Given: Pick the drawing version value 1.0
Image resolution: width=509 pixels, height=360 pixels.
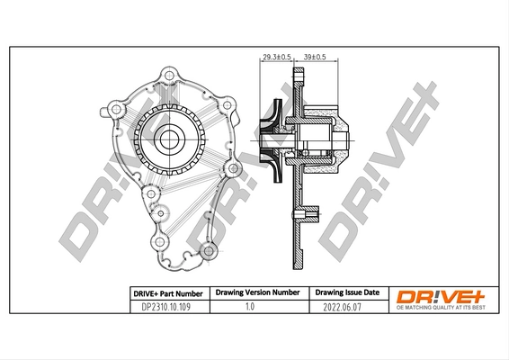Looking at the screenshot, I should (x=254, y=307).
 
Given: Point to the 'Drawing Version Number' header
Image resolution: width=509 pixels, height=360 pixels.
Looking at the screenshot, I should (x=254, y=293).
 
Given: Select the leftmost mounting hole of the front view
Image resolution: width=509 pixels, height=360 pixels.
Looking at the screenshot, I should (x=114, y=110).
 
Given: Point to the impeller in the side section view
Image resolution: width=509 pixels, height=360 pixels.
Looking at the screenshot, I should (x=269, y=139).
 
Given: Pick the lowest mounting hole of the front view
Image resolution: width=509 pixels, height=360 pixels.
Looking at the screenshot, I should (x=209, y=252).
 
